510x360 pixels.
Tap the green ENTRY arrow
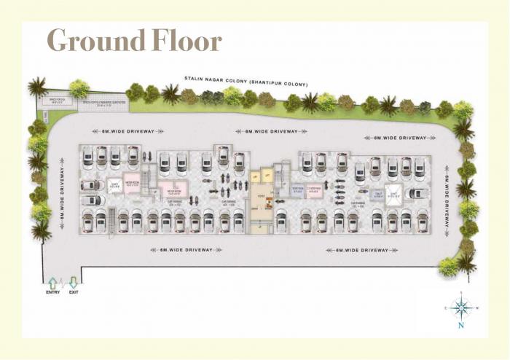[x=52, y=283]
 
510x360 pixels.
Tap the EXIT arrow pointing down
[x=73, y=283]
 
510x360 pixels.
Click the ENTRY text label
[x=52, y=293]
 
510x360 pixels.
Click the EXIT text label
[x=73, y=293]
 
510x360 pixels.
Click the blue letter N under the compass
[x=460, y=326]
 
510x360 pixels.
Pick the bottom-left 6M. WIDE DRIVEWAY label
[x=184, y=250]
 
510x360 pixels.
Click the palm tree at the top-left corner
[x=37, y=87]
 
